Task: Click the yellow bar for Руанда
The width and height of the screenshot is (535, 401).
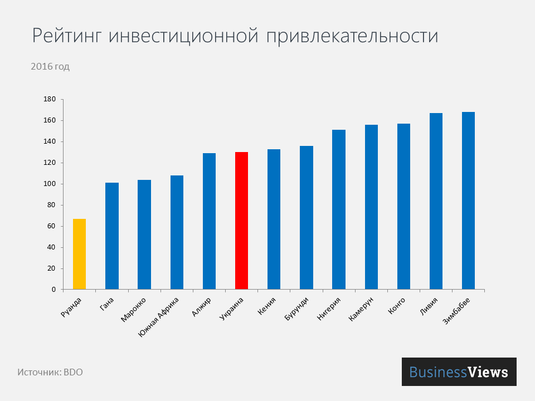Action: [x=79, y=254]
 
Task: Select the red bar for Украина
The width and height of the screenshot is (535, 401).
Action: [x=241, y=221]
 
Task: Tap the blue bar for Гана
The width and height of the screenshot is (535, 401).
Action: [x=111, y=236]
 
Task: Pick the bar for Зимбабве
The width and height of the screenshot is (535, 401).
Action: [x=468, y=200]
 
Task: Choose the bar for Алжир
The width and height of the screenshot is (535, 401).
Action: [x=209, y=221]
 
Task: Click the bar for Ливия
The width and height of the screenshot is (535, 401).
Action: [x=436, y=201]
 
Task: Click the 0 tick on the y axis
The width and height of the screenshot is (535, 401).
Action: [x=54, y=290]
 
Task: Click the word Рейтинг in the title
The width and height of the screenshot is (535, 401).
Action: [x=67, y=36]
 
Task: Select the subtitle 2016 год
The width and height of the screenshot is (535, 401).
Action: [x=50, y=67]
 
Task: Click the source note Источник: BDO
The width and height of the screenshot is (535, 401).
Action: [x=50, y=372]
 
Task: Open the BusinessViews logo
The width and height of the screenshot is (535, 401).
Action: [x=459, y=372]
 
